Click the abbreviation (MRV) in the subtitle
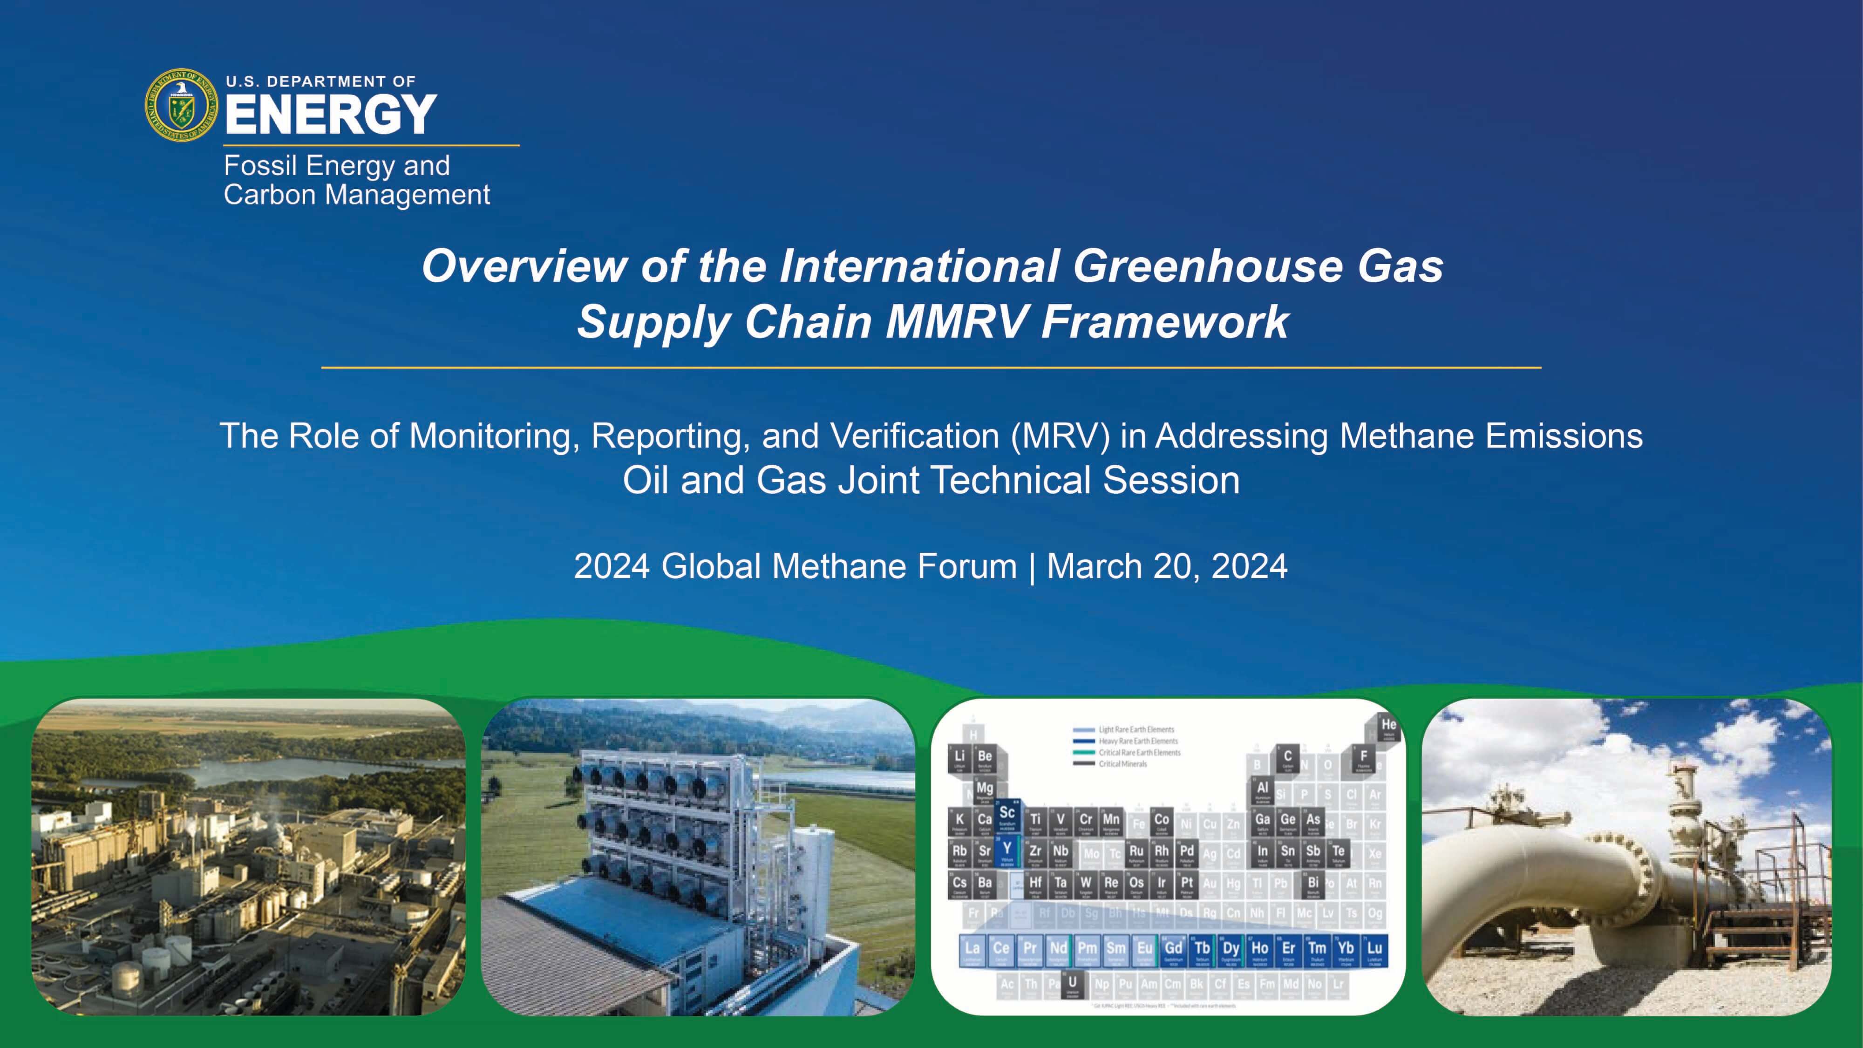pyautogui.click(x=1060, y=436)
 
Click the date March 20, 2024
pyautogui.click(x=1167, y=566)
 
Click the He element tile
pyautogui.click(x=1388, y=727)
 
